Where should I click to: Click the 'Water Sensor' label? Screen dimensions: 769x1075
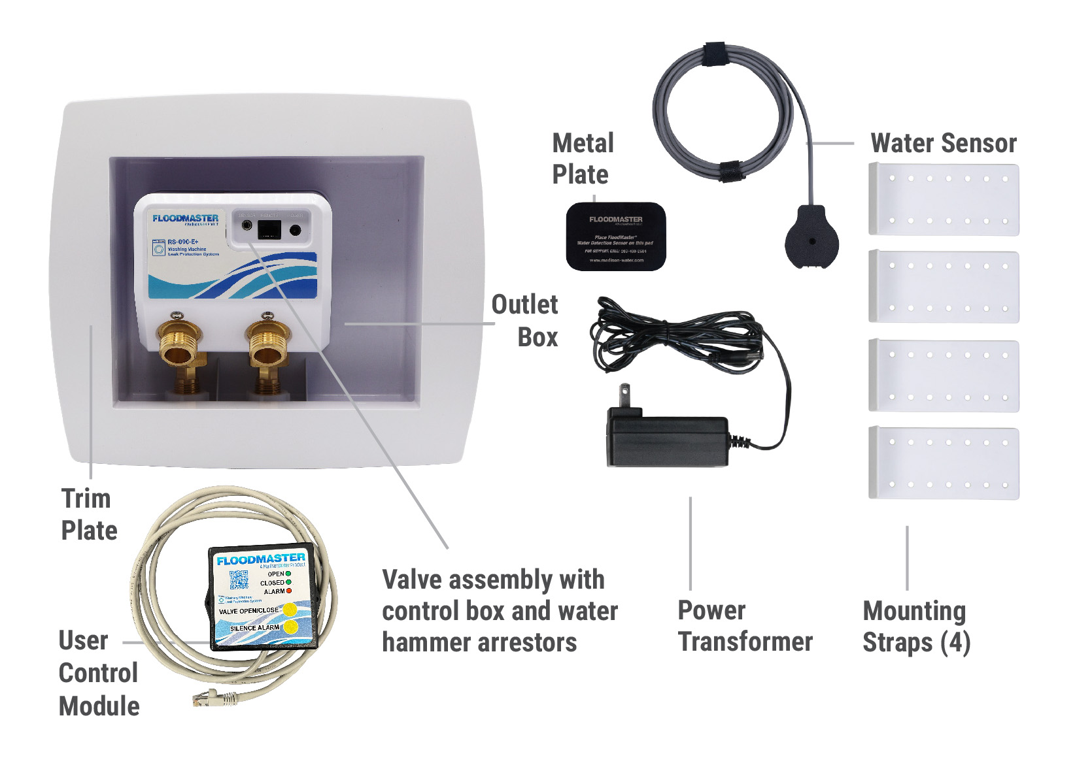point(943,143)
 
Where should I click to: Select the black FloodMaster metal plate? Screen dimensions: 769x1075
point(615,237)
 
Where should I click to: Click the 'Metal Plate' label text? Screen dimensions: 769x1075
point(583,159)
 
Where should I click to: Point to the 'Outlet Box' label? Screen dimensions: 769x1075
point(525,321)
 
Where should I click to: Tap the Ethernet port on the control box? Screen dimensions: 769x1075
point(269,229)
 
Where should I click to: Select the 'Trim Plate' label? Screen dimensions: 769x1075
point(88,514)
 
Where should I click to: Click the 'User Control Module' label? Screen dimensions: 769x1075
point(98,673)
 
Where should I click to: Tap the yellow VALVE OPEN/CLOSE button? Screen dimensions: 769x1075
point(289,610)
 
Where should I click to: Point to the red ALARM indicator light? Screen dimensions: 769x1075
point(289,591)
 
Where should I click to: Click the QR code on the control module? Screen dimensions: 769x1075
point(239,580)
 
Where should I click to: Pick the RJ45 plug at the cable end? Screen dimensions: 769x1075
point(207,698)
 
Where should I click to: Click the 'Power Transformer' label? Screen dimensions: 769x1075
point(745,625)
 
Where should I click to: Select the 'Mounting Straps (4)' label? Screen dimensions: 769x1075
point(915,626)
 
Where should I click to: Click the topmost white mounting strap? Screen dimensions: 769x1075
point(944,199)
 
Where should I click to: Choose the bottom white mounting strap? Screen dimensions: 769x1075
point(944,463)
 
